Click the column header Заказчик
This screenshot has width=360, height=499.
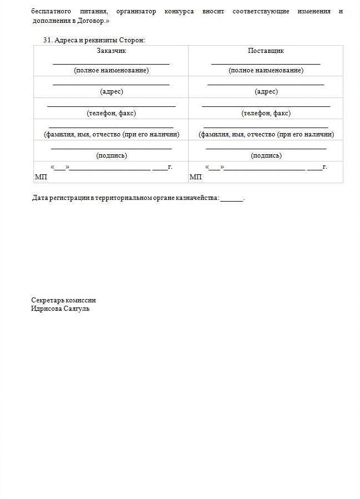[111, 51]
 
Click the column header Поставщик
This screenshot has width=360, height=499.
[266, 51]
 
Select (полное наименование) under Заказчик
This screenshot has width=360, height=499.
[111, 70]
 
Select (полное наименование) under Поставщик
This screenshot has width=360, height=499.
[266, 70]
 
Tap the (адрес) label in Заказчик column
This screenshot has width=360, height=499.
[111, 91]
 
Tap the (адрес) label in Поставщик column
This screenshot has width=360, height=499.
[266, 91]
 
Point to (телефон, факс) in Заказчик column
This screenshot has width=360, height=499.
[111, 113]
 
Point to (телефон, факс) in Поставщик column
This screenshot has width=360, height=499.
[266, 113]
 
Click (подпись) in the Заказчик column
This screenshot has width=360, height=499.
[111, 155]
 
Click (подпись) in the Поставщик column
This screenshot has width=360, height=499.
[266, 155]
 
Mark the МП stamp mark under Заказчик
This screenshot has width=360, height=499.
[41, 177]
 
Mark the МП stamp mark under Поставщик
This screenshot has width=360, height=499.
[195, 177]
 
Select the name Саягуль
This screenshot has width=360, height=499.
[77, 309]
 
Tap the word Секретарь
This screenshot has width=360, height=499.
[47, 300]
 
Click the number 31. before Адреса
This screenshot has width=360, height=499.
[47, 40]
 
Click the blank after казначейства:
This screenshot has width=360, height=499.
[231, 199]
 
